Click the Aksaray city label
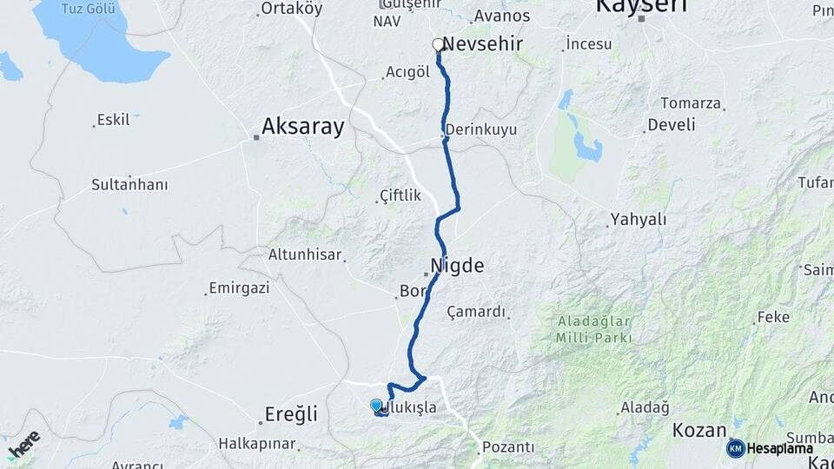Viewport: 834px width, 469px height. pos(303,127)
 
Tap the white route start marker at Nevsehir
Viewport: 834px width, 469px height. pos(438,43)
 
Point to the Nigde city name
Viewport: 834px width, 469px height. pos(457,266)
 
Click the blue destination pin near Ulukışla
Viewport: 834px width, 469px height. pos(376,406)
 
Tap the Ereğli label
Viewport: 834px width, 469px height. pos(291,413)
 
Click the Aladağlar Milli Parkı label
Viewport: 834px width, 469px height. pos(594,328)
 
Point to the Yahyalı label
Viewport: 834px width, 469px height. pos(638,220)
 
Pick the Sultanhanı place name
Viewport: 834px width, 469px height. pos(129,185)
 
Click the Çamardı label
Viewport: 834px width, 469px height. pos(476,312)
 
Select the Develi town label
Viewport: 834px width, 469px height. pos(672,125)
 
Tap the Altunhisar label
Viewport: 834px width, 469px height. pos(305,255)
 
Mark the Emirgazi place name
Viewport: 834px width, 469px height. pos(239,288)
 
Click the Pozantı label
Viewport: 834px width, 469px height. pos(508,447)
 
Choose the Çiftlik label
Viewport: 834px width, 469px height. pos(400,196)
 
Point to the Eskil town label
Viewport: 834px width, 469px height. pos(113,120)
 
